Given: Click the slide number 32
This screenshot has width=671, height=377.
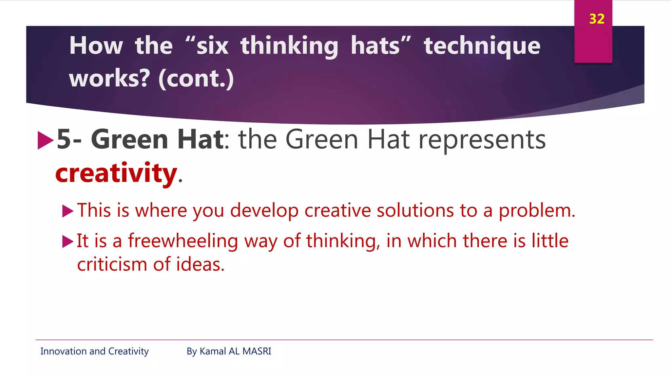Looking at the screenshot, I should (597, 19).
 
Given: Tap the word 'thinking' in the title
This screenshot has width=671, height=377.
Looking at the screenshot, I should (289, 46).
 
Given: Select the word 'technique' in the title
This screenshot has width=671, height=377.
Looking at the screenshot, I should (482, 46).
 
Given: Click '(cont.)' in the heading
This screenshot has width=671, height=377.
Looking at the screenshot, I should (196, 79).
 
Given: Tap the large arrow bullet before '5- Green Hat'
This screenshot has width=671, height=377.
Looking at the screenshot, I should (45, 140).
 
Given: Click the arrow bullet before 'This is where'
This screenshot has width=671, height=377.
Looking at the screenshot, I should (67, 211).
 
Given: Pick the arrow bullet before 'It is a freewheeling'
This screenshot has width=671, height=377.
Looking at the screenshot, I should (67, 242).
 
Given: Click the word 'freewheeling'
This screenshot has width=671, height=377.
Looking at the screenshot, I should (183, 241).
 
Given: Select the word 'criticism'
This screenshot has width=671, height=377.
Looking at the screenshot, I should (112, 264).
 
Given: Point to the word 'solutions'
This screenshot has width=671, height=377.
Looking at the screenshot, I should (415, 210).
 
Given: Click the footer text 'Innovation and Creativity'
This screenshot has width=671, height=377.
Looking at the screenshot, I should (94, 351).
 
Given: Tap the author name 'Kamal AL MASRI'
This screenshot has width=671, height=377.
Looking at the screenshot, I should (235, 351).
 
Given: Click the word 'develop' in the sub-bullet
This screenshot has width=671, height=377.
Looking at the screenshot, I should (264, 210).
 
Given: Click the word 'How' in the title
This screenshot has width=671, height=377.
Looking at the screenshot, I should (96, 46).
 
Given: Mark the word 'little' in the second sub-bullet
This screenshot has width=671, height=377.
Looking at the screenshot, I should (550, 241).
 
